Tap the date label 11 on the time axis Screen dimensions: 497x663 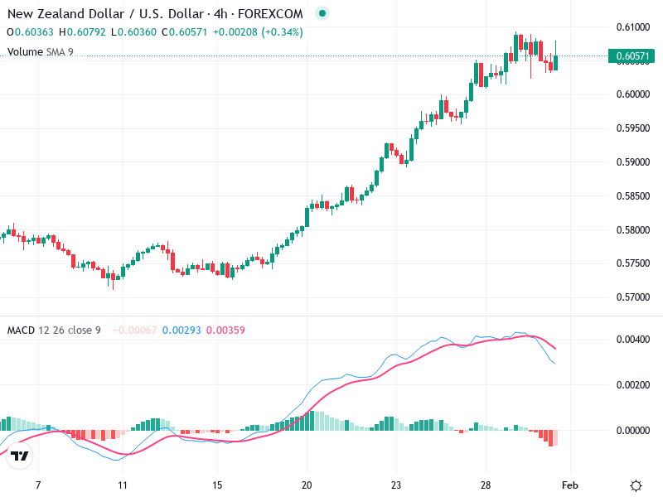tap(122, 485)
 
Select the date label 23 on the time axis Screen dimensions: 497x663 tap(396, 485)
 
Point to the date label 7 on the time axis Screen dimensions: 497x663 tap(38, 485)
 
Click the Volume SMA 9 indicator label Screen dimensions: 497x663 tap(41, 51)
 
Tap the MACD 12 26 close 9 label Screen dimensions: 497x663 tap(54, 331)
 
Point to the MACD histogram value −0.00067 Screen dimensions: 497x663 tap(134, 331)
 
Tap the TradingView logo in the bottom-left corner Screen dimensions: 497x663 tap(20, 456)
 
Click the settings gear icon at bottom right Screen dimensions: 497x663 tap(636, 485)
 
